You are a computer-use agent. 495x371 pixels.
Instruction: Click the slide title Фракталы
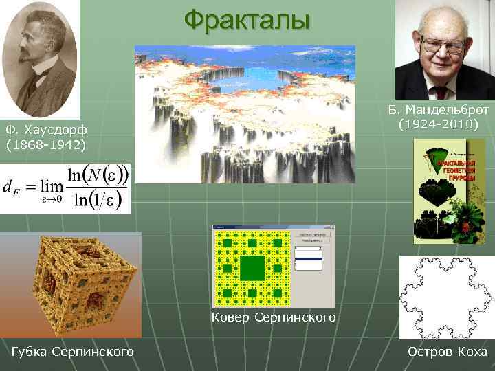[247, 20]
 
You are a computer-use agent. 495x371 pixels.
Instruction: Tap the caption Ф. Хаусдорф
[45, 131]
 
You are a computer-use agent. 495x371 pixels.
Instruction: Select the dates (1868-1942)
[45, 146]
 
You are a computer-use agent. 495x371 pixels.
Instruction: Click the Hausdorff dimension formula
[65, 188]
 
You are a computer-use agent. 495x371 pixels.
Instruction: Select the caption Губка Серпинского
[73, 352]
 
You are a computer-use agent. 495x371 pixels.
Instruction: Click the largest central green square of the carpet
[252, 267]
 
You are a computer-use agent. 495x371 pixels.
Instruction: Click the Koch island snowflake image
[446, 297]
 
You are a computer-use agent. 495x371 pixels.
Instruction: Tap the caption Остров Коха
[447, 352]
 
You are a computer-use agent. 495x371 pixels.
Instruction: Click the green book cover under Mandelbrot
[449, 192]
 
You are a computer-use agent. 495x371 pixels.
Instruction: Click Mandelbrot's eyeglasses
[442, 46]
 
